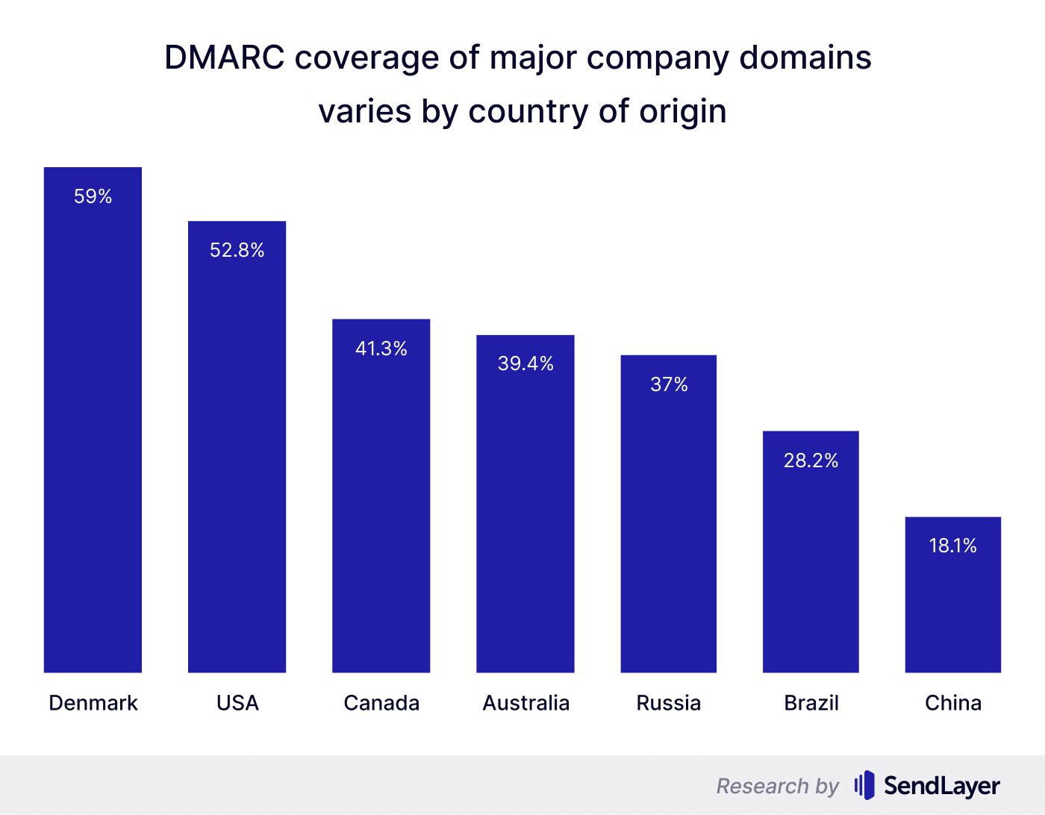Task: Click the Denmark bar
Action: (93, 433)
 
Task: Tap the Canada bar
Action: (381, 508)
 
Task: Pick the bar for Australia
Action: (525, 515)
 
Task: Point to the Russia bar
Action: (669, 522)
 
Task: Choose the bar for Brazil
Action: (811, 560)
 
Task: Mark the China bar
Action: (953, 605)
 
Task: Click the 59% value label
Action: (93, 196)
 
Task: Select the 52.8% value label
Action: (237, 250)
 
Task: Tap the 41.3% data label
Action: (381, 349)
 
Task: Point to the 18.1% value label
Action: (953, 546)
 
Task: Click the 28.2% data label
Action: (811, 460)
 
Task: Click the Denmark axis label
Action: (93, 703)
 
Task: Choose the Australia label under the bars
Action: (526, 703)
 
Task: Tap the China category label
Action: (953, 703)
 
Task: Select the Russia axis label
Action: (669, 703)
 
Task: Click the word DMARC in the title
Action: (224, 57)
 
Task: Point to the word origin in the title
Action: (683, 112)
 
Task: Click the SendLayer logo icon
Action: (864, 785)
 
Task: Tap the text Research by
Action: (778, 786)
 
